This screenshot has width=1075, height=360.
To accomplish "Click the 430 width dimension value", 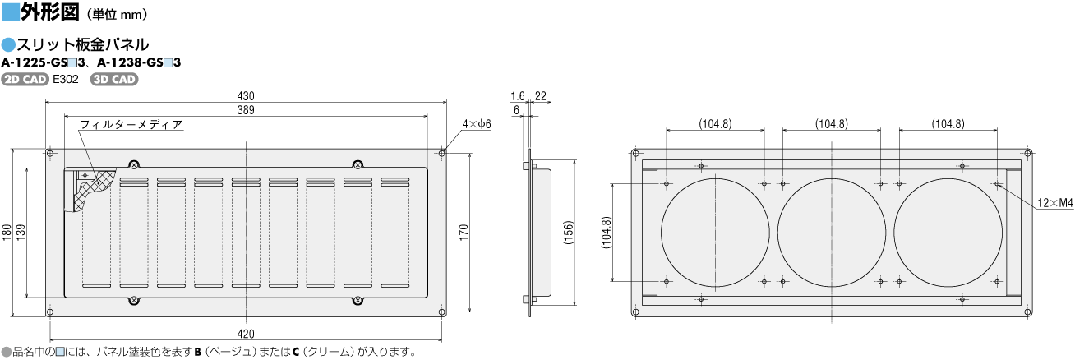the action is [x=246, y=96].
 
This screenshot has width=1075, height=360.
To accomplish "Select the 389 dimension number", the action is [x=246, y=110].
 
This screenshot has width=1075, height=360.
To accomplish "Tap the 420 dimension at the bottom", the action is [x=246, y=334].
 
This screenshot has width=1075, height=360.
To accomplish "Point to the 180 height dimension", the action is [x=7, y=233].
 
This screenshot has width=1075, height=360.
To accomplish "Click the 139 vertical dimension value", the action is [x=21, y=233].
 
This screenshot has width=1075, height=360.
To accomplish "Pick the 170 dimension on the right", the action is [x=463, y=233].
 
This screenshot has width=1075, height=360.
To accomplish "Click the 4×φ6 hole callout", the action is [x=477, y=124].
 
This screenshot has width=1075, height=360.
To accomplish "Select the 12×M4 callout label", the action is [x=1054, y=203].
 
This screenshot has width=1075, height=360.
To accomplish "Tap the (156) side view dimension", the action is [x=568, y=233].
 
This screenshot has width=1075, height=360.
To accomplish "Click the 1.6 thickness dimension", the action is [x=517, y=96].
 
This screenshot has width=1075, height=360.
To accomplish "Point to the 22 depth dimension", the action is [x=541, y=96].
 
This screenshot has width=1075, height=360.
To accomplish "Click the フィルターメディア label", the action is [x=131, y=124].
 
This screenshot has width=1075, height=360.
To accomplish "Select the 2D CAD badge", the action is [x=25, y=79].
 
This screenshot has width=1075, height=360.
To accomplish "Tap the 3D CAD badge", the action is [x=114, y=79].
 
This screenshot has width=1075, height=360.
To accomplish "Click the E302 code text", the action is [x=66, y=79].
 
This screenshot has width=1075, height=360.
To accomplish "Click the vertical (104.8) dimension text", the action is [x=607, y=233].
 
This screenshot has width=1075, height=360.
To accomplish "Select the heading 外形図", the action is [x=50, y=12].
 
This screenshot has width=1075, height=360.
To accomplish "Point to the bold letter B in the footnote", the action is [x=198, y=352].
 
